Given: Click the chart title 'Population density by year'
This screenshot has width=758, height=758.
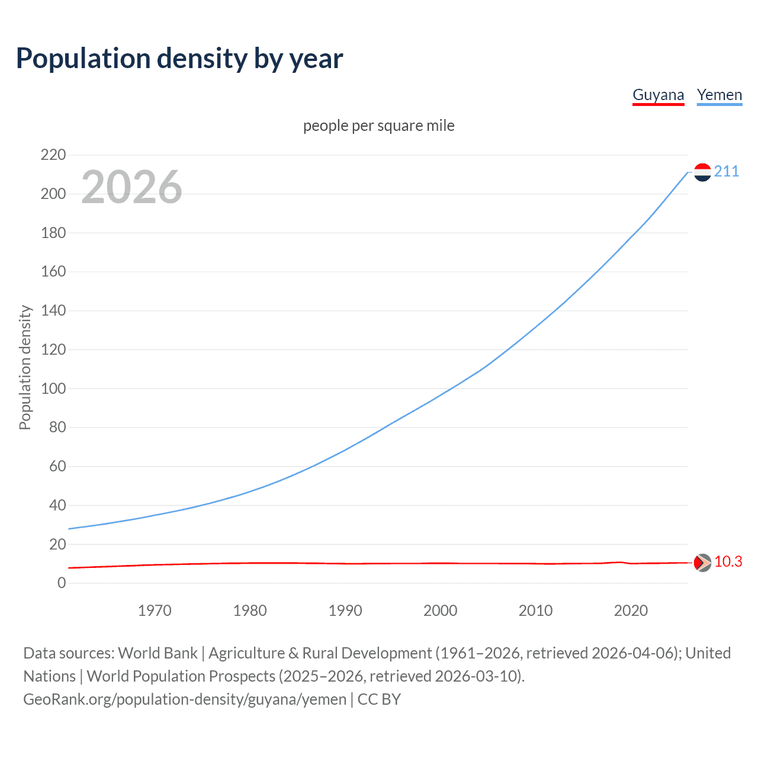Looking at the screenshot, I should (179, 59).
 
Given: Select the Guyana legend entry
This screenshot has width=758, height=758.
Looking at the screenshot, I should (658, 95).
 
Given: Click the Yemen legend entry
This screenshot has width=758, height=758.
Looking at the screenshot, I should (719, 95).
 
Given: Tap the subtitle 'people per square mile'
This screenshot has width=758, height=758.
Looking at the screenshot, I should (378, 126).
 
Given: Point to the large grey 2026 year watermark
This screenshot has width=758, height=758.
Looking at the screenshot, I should (131, 187).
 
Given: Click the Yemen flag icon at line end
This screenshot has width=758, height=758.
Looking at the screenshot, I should (702, 172).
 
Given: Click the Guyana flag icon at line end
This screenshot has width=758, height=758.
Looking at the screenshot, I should (702, 563).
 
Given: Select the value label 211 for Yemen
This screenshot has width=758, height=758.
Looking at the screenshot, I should (727, 171).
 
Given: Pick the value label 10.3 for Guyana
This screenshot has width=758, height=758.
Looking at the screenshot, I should (728, 561).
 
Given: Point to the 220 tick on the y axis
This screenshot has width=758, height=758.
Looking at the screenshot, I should (53, 155).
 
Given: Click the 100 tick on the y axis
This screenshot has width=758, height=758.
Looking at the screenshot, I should (53, 389).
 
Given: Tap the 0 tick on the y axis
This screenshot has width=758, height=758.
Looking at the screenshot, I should (62, 583).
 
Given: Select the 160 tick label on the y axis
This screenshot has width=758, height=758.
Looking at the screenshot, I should (53, 272).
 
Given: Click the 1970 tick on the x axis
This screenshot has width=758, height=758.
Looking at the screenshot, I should (155, 611).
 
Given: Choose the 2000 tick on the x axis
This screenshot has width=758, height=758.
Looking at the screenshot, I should (440, 611).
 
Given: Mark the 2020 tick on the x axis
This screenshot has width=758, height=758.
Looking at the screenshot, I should (631, 611).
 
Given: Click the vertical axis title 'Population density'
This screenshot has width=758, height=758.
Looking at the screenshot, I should (25, 367).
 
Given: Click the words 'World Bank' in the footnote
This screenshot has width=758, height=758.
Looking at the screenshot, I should (158, 653).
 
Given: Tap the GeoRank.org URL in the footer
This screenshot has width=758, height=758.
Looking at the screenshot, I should (185, 699).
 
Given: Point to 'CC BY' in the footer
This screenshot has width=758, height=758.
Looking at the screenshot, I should (379, 699).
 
